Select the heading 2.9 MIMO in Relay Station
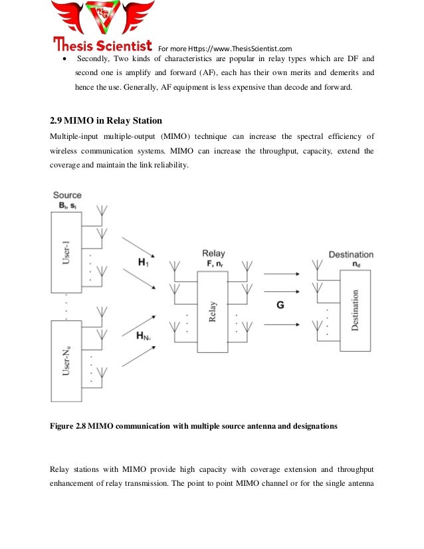[106, 121]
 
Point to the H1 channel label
[144, 263]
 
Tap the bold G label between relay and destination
[280, 305]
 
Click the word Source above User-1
[67, 195]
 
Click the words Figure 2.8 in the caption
[68, 425]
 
